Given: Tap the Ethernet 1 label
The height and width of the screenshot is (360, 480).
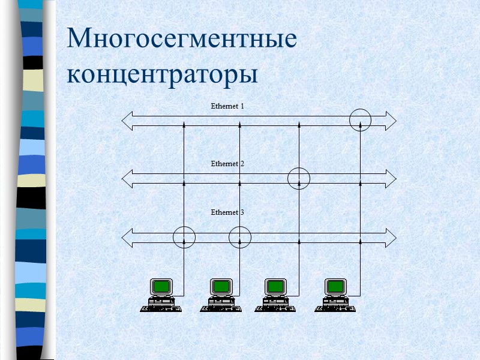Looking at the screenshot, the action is tap(227, 106).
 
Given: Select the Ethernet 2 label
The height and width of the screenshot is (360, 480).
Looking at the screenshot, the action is tap(227, 164).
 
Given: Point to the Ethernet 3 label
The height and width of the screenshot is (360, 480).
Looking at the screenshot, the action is tap(227, 212).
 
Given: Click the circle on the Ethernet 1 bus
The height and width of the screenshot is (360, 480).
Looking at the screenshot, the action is tap(360, 119).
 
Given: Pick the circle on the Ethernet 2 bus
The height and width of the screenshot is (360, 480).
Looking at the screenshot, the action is tap(298, 178).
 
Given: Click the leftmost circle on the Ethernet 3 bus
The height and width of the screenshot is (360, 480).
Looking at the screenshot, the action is tap(184, 237).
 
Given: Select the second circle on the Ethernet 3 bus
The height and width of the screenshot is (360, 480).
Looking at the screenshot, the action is tap(239, 237).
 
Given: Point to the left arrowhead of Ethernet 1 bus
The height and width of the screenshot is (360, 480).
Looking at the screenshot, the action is tap(127, 121).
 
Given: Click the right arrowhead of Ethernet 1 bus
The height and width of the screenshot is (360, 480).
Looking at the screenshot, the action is tap(391, 121).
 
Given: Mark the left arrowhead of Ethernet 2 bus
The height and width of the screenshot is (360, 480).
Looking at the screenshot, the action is tap(127, 178).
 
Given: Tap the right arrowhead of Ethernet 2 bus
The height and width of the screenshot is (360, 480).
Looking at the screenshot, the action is tap(391, 178).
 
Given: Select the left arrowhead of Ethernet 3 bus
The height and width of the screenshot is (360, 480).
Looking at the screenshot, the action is tap(127, 237).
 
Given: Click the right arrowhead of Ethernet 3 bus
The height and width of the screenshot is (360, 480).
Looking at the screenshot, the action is tap(391, 237).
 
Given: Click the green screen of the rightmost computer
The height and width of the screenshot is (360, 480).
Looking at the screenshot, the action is tap(335, 286).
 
